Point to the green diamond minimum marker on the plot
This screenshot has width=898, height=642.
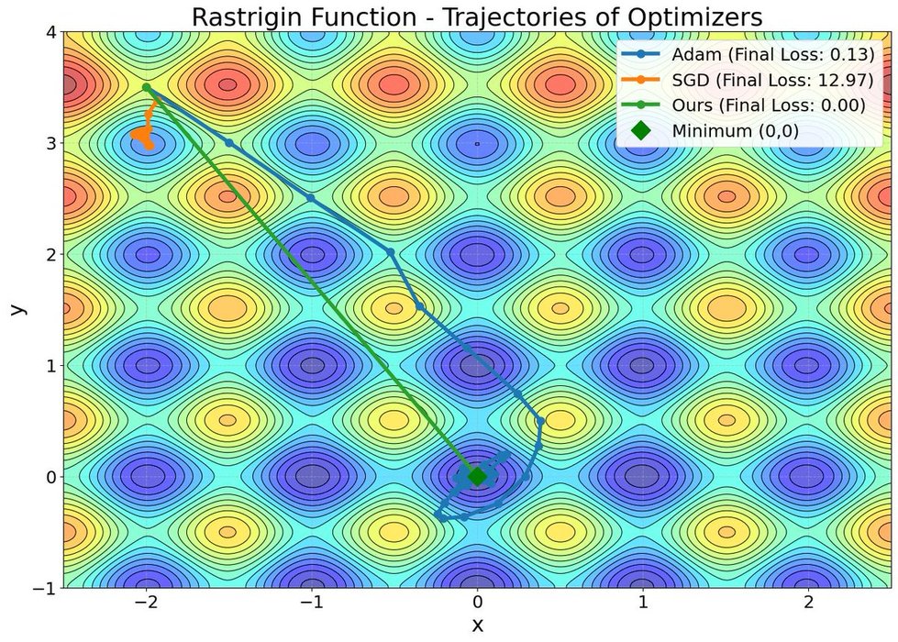[477, 476]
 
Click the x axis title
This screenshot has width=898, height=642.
[477, 625]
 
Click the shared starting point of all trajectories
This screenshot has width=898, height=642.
[146, 87]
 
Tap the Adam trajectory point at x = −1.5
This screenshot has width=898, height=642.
[229, 143]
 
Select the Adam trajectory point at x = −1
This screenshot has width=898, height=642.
[311, 197]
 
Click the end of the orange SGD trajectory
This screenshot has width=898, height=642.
[150, 146]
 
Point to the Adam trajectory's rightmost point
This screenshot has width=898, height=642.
[541, 421]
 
